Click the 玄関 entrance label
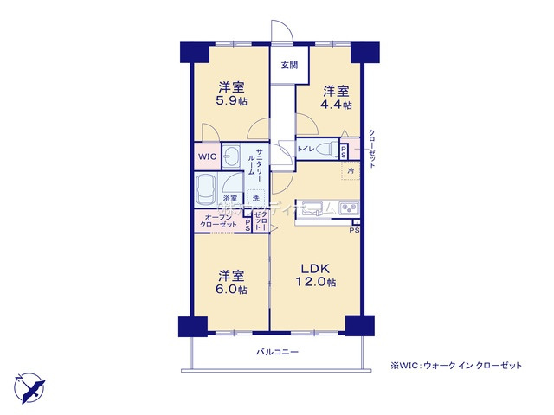[288, 65]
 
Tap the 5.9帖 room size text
[231, 101]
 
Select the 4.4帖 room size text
[338, 105]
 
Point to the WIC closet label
[206, 157]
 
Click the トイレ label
[306, 150]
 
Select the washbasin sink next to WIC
[232, 156]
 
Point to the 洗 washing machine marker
[255, 198]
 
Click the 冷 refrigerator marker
[351, 170]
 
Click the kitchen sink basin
[312, 208]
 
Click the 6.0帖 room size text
[231, 290]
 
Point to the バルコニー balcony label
[277, 353]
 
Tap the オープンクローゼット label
[219, 220]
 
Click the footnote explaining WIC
[456, 366]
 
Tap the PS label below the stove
[354, 230]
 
